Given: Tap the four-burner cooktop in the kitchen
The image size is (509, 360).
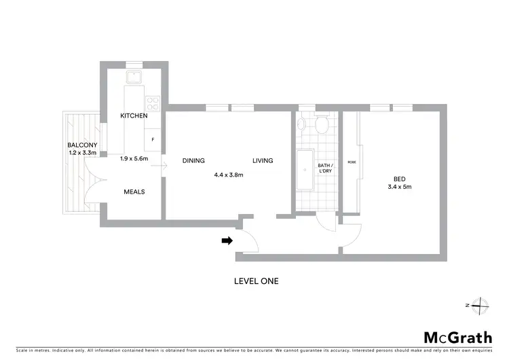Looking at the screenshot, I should pos(153,104).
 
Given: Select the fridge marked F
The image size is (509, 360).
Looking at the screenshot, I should pos(153,139).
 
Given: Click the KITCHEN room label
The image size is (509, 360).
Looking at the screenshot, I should pos(134,116).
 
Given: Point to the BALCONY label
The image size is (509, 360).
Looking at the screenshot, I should pos(82,145).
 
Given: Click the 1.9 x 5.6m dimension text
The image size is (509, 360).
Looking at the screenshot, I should pos(134,158).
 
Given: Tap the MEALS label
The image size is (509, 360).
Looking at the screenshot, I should pos(134,192).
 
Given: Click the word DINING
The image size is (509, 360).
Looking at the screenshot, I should pos(193,161).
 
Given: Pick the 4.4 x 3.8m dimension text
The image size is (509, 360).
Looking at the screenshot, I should pos(229,175).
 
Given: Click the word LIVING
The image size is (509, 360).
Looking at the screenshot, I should pos(263,161).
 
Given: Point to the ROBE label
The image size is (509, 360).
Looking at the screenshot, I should pos(352,162).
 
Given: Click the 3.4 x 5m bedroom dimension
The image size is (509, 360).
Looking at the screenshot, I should pos(400,187).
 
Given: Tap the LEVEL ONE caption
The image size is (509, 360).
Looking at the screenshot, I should pos(256,281).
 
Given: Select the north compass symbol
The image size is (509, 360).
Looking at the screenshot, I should pos(479,306).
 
